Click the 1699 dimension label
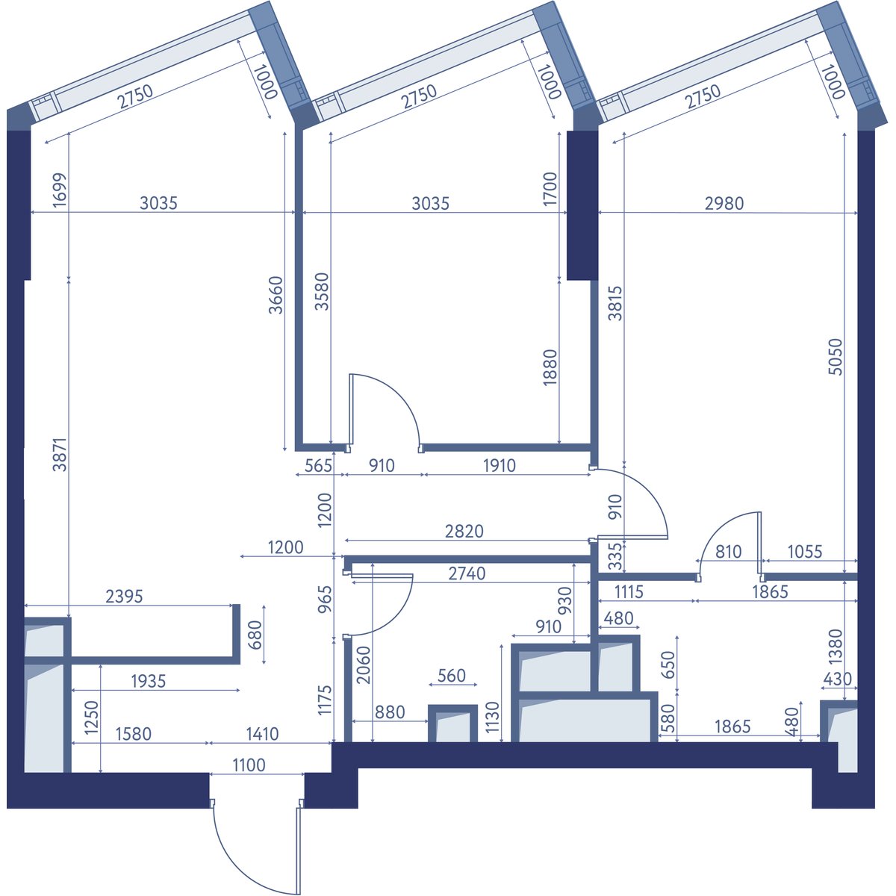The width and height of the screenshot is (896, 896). tap(60, 190)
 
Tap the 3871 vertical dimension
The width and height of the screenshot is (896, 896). tap(60, 454)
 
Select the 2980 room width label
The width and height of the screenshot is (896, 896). tap(724, 203)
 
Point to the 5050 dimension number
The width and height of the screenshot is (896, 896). tap(835, 357)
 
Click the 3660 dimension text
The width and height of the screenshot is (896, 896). tap(276, 295)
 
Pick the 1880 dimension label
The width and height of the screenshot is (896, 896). tap(550, 367)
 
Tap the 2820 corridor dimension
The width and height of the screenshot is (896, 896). tap(464, 531)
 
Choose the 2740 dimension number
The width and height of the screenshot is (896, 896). tap(467, 573)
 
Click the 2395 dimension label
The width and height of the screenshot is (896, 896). tap(124, 596)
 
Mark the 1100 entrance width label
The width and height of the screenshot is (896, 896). tap(249, 765)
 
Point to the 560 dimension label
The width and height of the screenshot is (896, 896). tap(452, 676)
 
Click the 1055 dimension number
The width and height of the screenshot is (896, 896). tap(805, 552)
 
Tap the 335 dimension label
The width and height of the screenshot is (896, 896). tap(615, 556)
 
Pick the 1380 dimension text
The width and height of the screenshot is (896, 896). tap(835, 647)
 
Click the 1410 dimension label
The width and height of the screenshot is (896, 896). tap(262, 734)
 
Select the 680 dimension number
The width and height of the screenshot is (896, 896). tap(255, 634)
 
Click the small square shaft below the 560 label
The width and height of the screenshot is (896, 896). tap(452, 724)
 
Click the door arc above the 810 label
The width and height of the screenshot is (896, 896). tap(720, 526)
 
